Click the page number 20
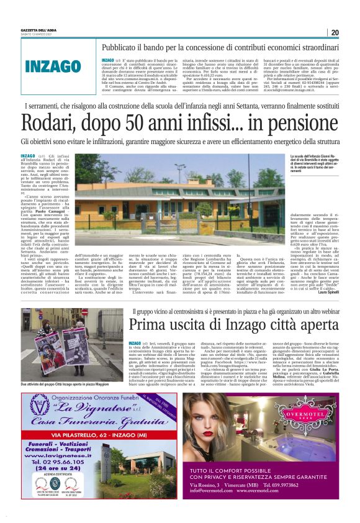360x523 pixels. point(335,32)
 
